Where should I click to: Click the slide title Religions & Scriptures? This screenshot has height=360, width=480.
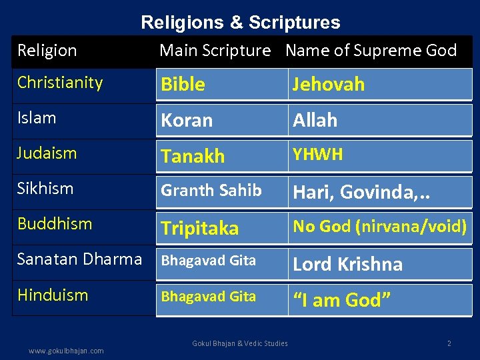240,23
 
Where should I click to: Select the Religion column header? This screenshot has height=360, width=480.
47,51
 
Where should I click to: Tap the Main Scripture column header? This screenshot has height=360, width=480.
215,51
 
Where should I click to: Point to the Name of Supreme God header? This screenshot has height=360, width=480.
371,51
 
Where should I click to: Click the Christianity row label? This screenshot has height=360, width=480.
60,83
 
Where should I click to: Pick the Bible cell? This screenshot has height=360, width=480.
183,85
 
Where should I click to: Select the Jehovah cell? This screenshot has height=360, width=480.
329,85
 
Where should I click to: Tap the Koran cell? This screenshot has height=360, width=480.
187,121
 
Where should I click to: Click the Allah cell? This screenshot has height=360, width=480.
315,121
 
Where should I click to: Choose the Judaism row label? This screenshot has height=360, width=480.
47,153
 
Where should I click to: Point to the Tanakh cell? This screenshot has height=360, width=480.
193,157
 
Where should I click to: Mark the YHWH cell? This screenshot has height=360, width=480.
318,155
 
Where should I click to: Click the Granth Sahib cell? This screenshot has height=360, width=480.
211,191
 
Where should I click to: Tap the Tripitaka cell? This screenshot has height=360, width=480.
199,228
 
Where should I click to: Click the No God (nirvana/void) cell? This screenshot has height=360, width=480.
380,227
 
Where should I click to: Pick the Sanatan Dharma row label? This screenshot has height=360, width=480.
80,259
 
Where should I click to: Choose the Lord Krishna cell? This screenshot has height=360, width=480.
348,264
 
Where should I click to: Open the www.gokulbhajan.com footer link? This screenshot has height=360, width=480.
67,351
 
